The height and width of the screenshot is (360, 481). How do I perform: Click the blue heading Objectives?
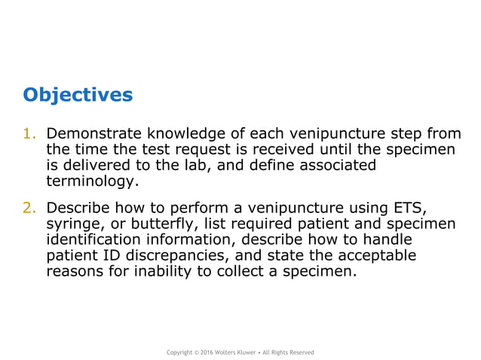[77, 95]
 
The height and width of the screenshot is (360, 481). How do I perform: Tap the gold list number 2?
[29, 208]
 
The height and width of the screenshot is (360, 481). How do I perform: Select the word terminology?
[91, 182]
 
